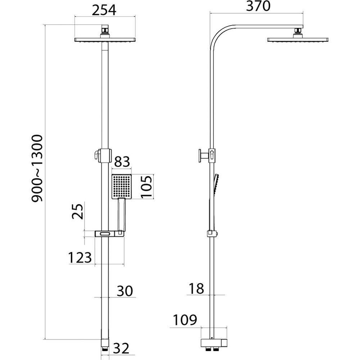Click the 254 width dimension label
pyautogui.click(x=104, y=10)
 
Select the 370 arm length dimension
pyautogui.click(x=258, y=6)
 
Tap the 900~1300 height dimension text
pyautogui.click(x=37, y=168)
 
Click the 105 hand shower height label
pyautogui.click(x=146, y=186)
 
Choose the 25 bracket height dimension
pyautogui.click(x=77, y=211)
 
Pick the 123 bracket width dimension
pyautogui.click(x=80, y=257)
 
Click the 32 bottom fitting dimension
pyautogui.click(x=121, y=348)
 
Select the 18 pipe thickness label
pyautogui.click(x=196, y=289)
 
